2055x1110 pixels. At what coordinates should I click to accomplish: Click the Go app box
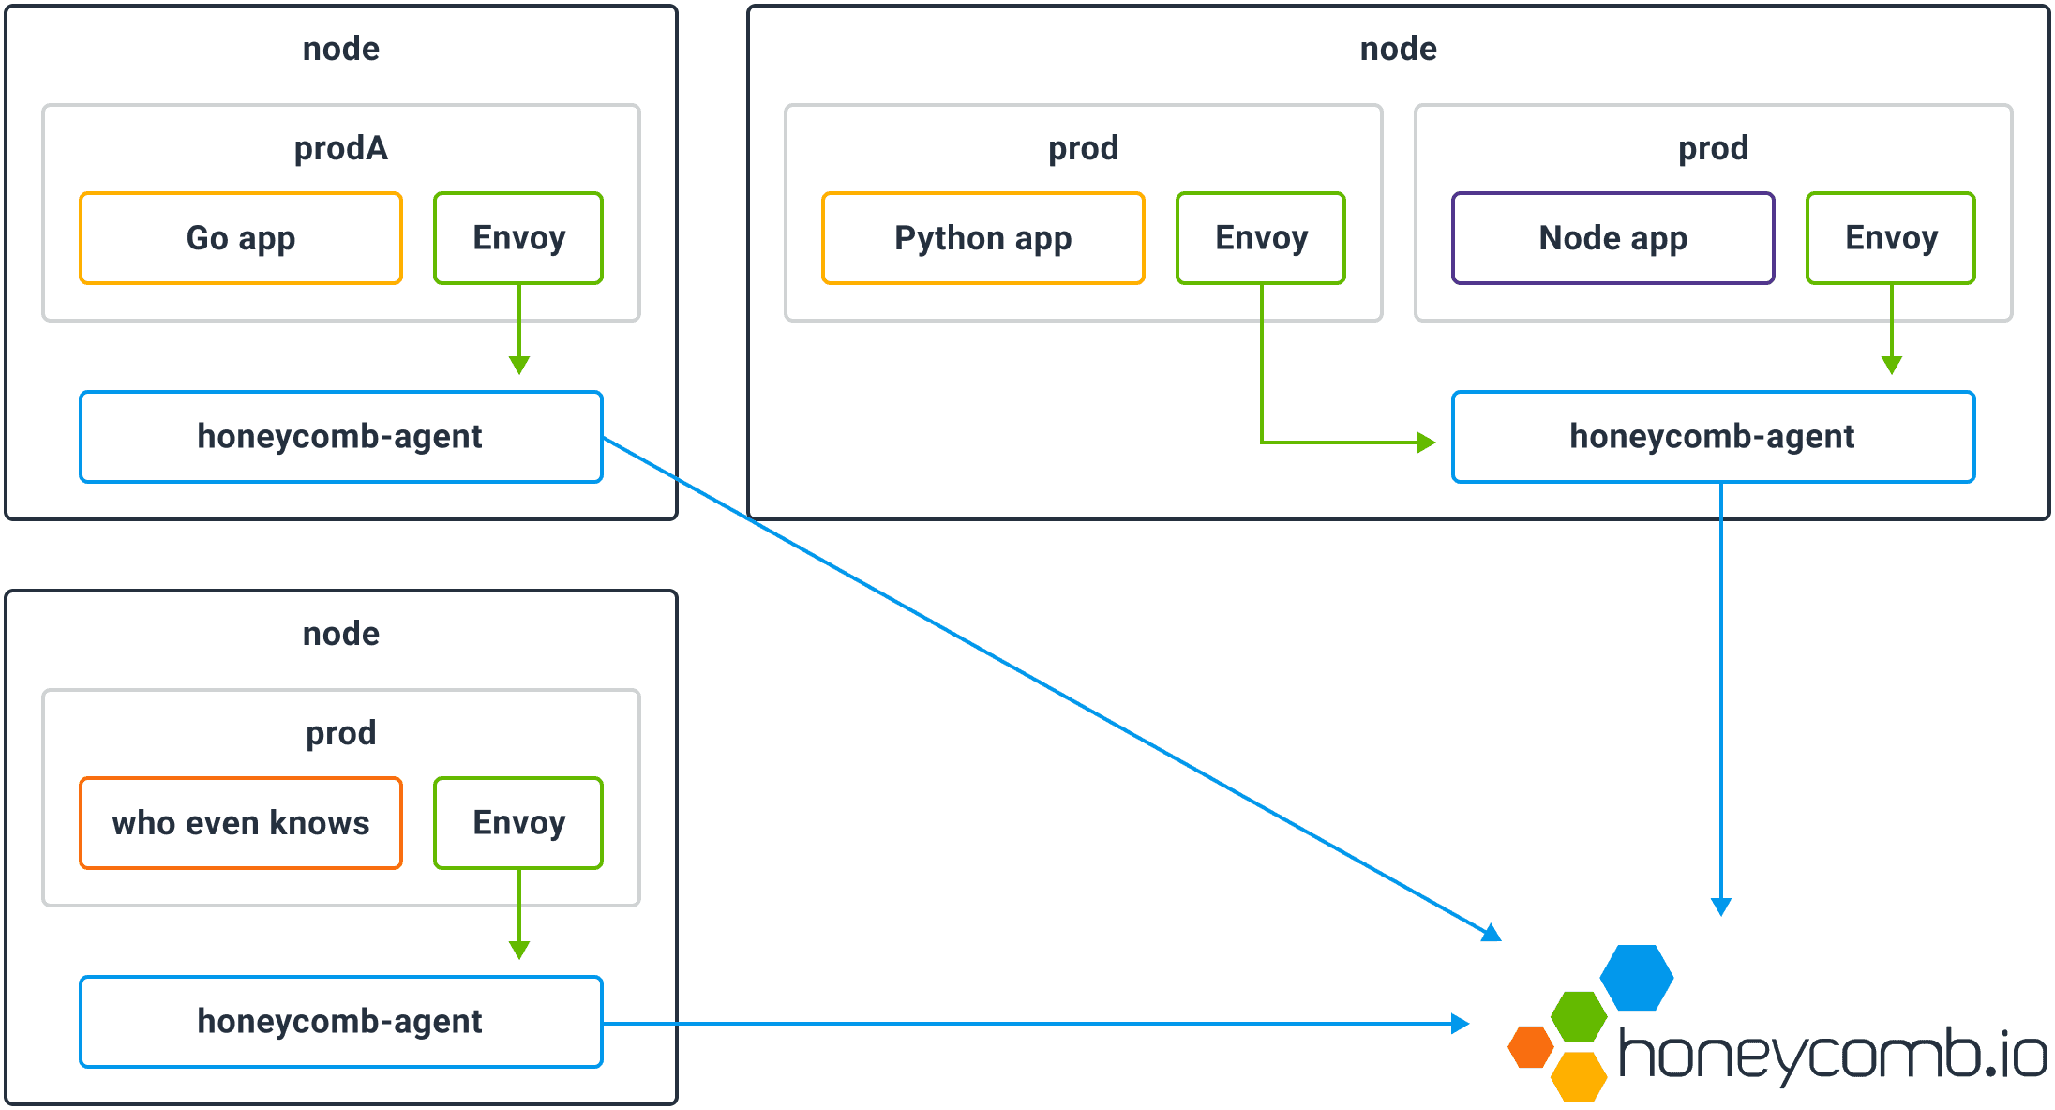241,238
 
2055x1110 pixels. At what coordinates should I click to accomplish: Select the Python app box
982,238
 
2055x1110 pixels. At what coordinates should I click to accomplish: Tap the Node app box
1612,238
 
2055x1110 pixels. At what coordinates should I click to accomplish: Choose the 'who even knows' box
241,823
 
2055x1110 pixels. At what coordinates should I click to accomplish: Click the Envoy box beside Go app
518,238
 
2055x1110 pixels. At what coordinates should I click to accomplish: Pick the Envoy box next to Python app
1261,238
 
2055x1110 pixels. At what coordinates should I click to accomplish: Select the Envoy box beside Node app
1891,238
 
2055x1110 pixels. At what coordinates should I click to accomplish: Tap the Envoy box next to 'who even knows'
518,823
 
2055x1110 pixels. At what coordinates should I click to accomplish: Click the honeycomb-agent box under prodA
340,437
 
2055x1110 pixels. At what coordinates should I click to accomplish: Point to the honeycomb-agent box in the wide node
1713,437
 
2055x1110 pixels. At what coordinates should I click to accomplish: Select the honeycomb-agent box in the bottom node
340,1022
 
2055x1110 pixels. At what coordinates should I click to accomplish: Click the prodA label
340,148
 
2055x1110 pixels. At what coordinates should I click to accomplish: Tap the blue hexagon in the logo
1637,978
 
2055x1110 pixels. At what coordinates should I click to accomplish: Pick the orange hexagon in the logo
1531,1047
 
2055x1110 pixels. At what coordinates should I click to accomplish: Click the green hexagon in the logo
1580,1016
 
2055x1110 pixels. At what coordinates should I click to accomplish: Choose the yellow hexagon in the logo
1580,1076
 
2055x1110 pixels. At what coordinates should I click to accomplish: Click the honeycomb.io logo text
1833,1055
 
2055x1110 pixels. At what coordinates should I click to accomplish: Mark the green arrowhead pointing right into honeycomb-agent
1427,442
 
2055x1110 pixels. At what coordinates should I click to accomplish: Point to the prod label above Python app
1083,148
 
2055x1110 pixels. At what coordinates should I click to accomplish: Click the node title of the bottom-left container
340,634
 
